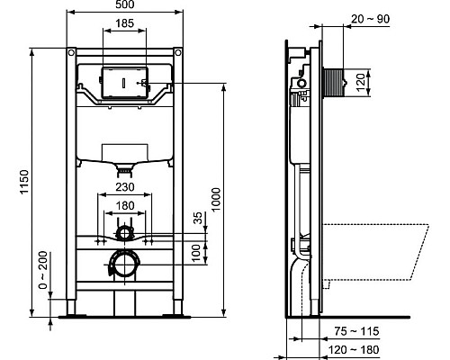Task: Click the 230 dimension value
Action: pyautogui.click(x=125, y=188)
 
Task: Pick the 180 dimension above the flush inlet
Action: pyautogui.click(x=125, y=204)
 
